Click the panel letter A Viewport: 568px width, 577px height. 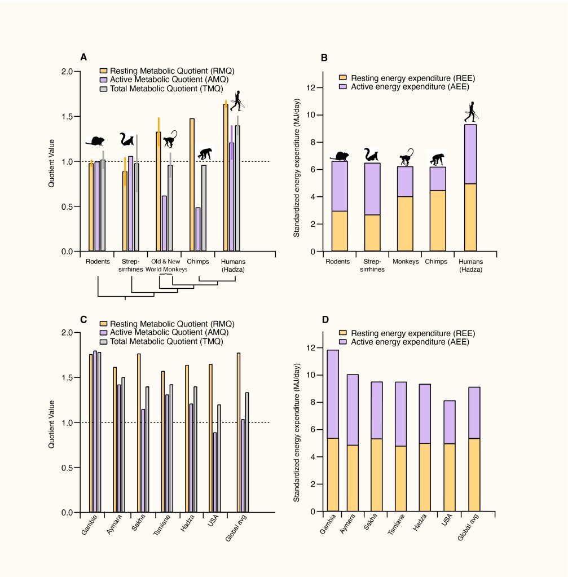click(x=83, y=58)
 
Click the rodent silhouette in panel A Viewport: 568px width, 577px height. click(x=95, y=141)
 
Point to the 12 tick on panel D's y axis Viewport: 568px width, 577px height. click(x=311, y=348)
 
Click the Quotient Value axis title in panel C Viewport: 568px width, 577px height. click(x=52, y=424)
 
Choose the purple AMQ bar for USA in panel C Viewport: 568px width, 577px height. click(x=215, y=472)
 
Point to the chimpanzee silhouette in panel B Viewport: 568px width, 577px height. click(x=437, y=160)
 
